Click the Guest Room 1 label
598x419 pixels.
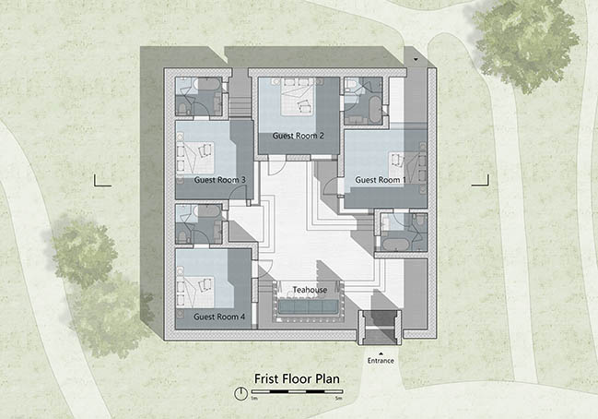(x=381, y=180)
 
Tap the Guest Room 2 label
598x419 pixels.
(x=299, y=136)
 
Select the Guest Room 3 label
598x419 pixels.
(x=219, y=180)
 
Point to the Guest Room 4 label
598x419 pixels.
(x=219, y=317)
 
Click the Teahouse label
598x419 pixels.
(x=310, y=290)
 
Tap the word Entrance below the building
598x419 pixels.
(x=381, y=361)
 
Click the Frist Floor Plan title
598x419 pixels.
(x=297, y=379)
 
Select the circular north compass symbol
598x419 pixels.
(x=240, y=393)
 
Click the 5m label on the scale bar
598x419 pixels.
(x=338, y=399)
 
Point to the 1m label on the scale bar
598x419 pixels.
(x=254, y=399)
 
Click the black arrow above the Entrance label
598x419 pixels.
(x=381, y=353)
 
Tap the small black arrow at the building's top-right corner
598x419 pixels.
(x=416, y=60)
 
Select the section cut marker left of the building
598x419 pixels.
(x=102, y=183)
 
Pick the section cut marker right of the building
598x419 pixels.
(x=481, y=183)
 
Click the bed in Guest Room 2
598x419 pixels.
(x=298, y=97)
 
